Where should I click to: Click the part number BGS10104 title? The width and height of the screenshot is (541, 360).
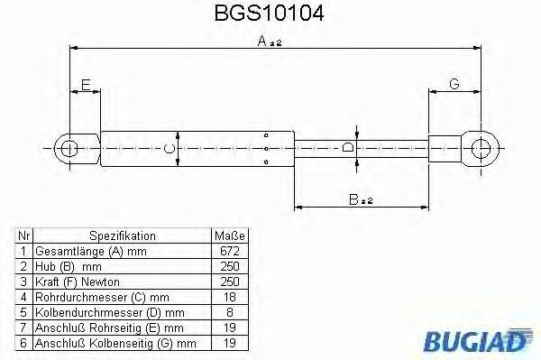269,14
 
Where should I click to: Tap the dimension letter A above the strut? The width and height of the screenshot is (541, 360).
262,42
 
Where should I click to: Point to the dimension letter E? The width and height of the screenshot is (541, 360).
86,85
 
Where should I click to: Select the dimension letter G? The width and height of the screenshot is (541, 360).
454,84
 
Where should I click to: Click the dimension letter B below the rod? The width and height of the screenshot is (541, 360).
353,199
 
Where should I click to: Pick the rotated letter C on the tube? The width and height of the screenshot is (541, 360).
170,148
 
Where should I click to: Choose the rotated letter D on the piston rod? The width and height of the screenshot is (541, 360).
348,147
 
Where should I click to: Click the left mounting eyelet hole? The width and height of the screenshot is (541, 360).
69,149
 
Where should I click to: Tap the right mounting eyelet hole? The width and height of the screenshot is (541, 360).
481,149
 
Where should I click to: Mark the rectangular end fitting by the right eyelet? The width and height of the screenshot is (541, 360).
445,149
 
